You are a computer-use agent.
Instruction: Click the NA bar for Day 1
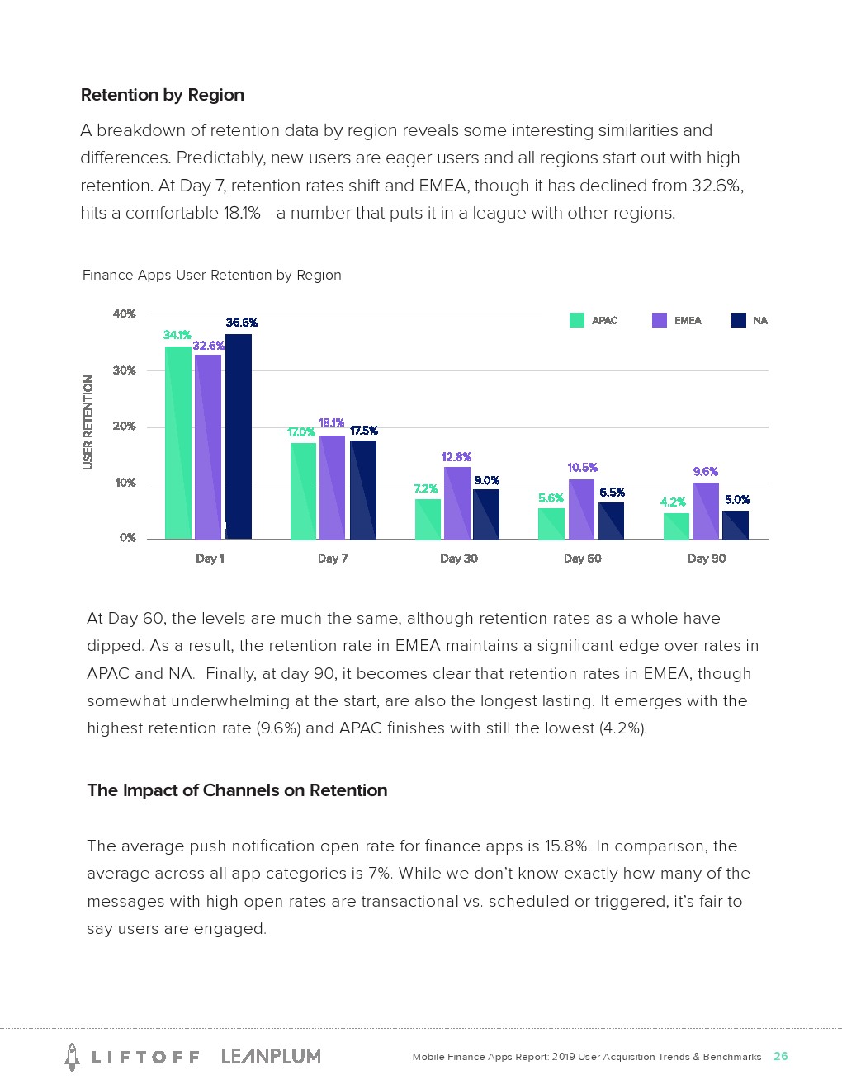click(x=239, y=436)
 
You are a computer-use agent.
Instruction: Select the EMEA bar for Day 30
click(x=456, y=502)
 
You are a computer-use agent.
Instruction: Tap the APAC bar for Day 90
click(x=676, y=526)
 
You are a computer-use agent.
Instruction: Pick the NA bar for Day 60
click(x=611, y=521)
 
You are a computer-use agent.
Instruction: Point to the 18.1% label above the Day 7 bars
click(x=331, y=422)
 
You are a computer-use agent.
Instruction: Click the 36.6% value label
click(x=241, y=323)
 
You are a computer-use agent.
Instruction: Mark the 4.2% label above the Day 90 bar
click(x=673, y=502)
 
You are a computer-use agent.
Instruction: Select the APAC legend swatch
click(x=577, y=320)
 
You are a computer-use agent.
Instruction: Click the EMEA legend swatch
click(x=659, y=320)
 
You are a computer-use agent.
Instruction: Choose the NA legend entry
click(x=750, y=320)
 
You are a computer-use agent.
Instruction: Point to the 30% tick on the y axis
click(x=124, y=370)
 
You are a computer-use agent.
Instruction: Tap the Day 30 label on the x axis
click(x=458, y=558)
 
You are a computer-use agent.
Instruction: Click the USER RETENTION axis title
click(x=88, y=422)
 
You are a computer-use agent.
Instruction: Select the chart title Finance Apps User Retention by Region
click(x=211, y=275)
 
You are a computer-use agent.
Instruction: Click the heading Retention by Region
click(x=163, y=95)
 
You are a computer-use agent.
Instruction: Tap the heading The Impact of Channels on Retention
click(x=237, y=790)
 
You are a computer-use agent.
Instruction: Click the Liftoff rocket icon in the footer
click(x=72, y=1057)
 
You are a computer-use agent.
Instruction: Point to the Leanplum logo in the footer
click(x=271, y=1056)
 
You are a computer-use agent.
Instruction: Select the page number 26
click(x=780, y=1056)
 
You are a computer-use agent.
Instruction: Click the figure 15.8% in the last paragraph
click(x=566, y=846)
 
